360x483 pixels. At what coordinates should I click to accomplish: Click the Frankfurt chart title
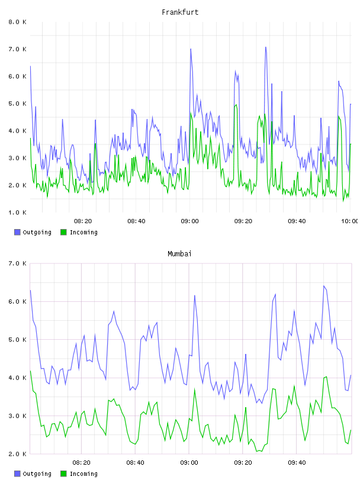[180, 12]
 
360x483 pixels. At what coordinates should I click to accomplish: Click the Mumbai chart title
[179, 254]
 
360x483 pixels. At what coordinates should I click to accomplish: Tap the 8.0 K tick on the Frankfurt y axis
[17, 22]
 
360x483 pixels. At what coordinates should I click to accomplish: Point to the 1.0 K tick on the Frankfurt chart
[17, 212]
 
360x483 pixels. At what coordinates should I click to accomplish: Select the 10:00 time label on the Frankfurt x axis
[349, 221]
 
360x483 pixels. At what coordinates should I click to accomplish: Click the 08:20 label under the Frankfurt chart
[83, 221]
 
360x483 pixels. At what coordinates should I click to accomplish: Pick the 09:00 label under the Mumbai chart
[189, 463]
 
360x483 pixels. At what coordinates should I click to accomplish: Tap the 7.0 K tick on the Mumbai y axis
[17, 263]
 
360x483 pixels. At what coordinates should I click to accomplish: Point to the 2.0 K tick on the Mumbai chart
[17, 454]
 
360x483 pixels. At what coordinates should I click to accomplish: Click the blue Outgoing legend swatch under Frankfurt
[17, 232]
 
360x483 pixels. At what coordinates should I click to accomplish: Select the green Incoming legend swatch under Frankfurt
[63, 232]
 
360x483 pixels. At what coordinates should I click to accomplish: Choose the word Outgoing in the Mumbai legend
[37, 474]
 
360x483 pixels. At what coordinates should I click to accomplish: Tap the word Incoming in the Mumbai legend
[83, 474]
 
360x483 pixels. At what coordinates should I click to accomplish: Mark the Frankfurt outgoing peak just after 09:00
[191, 49]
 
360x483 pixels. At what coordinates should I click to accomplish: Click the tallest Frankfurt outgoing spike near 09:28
[266, 47]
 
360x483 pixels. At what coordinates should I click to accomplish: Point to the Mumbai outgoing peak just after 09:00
[194, 295]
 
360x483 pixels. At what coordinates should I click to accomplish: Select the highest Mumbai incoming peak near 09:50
[326, 376]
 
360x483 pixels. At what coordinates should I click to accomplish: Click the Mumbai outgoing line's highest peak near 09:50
[324, 286]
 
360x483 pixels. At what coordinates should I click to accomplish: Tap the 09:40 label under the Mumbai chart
[297, 463]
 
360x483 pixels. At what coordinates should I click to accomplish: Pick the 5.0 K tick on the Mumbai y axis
[17, 340]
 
